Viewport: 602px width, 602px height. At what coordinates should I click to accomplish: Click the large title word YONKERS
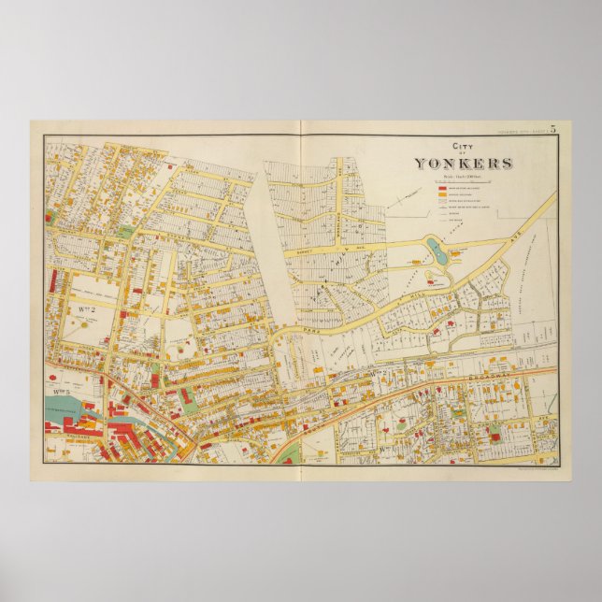coord(464,163)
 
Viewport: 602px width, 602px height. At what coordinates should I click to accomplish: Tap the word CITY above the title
coord(463,147)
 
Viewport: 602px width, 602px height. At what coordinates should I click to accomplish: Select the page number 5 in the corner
coord(552,129)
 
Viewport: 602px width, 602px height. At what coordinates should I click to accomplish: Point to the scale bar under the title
coord(463,175)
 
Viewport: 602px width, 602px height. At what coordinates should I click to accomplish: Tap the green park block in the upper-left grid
coord(125,231)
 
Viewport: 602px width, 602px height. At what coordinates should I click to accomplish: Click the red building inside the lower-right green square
coord(494,428)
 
